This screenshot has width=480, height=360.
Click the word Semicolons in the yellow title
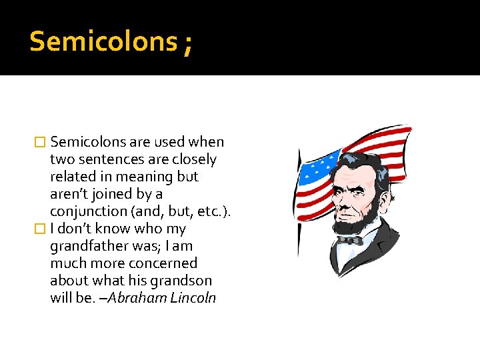click(x=101, y=42)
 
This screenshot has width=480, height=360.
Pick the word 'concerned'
click(x=165, y=263)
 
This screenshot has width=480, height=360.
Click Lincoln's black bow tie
click(x=349, y=239)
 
